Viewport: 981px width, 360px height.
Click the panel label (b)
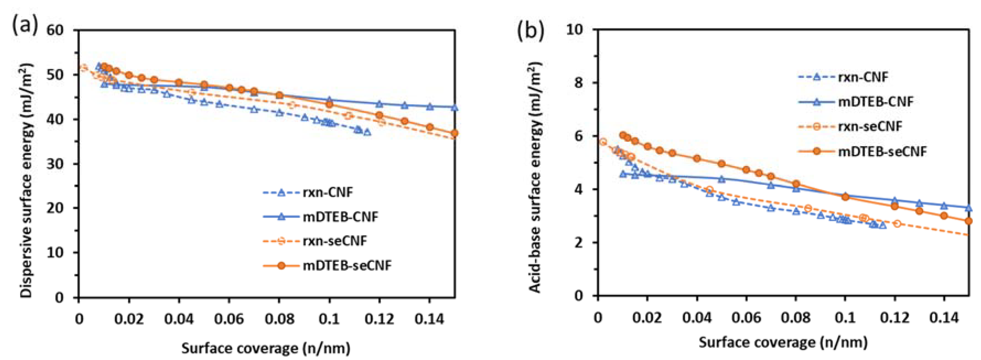pos(530,31)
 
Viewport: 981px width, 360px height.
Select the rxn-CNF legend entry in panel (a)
pos(328,192)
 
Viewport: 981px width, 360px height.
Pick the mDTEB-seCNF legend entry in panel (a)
pos(347,265)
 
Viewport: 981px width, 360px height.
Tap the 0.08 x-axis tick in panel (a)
pos(279,318)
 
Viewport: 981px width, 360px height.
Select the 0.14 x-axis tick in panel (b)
pos(944,317)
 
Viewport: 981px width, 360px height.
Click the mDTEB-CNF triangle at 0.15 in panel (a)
pos(454,108)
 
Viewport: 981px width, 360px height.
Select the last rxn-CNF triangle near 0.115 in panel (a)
pos(367,132)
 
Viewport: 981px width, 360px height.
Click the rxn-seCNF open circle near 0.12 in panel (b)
pos(897,224)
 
